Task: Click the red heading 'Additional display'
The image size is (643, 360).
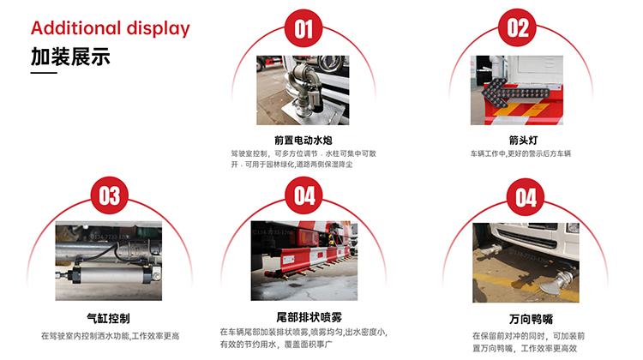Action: tap(110, 27)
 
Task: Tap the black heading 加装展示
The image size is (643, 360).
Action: tap(70, 57)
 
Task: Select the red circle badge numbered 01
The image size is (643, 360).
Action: tap(304, 30)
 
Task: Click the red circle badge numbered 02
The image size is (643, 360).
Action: tap(518, 29)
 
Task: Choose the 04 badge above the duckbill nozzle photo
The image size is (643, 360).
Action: tap(526, 199)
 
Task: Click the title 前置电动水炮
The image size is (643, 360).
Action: tap(303, 139)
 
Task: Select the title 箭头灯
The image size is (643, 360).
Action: tap(517, 139)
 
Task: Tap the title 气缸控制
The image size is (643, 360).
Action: tap(109, 317)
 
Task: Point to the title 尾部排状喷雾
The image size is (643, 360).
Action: tap(303, 316)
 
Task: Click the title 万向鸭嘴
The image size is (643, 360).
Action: tap(525, 320)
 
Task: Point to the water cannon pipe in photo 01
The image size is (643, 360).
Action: tap(305, 86)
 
